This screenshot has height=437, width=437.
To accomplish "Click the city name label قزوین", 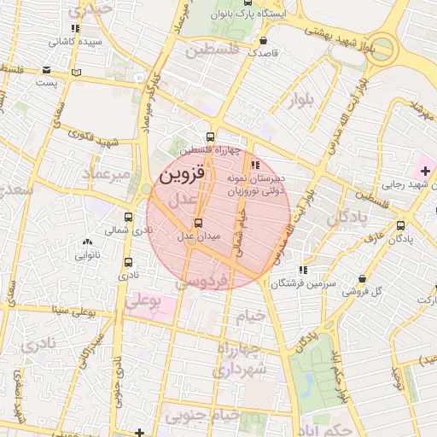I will click(183, 174).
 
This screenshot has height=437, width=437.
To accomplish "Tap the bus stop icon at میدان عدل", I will click(199, 224).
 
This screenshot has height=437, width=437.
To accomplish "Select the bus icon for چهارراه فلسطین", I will click(211, 137).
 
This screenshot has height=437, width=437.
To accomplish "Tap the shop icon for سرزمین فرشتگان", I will click(304, 270).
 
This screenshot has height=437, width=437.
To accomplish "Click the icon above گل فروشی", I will click(363, 279).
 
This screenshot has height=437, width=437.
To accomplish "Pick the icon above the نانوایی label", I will click(88, 242).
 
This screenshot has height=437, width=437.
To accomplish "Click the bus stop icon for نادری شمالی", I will click(128, 218).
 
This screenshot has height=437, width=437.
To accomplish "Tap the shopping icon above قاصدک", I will click(263, 40).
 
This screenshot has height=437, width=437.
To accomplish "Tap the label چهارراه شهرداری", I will click(241, 360).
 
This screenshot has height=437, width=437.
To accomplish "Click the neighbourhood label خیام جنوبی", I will click(200, 416).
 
